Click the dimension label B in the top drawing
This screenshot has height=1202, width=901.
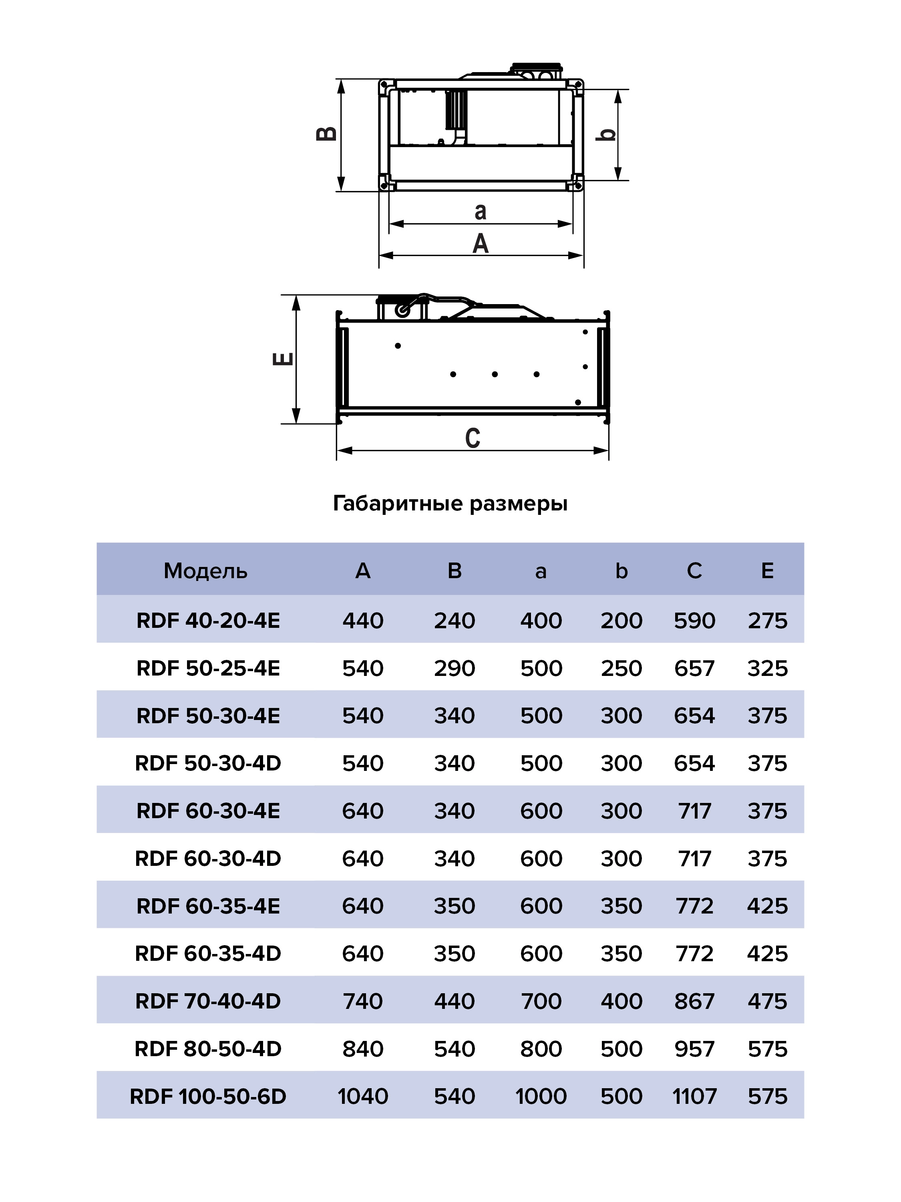tap(326, 134)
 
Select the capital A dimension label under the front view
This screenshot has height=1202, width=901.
tap(481, 244)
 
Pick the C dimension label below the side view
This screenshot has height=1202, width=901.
tap(473, 438)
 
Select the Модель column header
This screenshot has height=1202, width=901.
tap(205, 571)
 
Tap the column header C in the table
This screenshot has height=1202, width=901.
tap(694, 571)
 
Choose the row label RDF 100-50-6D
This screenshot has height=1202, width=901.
tap(208, 1096)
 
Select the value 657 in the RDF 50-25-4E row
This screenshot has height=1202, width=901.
tap(694, 668)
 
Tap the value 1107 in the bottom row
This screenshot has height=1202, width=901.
tap(694, 1096)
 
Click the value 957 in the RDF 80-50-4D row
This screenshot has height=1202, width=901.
tap(694, 1049)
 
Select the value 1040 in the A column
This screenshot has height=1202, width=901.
tap(363, 1096)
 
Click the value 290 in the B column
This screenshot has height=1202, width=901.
tap(454, 668)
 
